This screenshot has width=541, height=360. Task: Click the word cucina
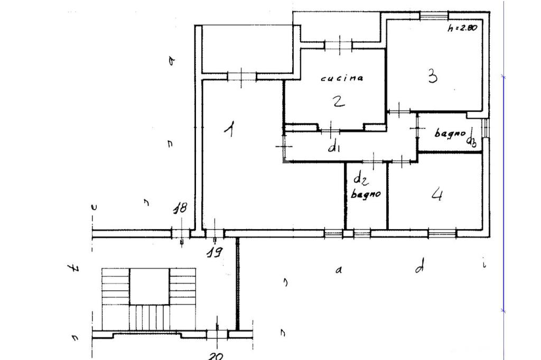(342, 78)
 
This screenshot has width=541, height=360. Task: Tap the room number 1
(229, 128)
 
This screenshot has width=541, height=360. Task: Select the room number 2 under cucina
(339, 101)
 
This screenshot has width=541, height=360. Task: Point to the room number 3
(433, 77)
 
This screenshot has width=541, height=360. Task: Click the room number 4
(437, 195)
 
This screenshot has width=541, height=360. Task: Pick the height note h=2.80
(462, 28)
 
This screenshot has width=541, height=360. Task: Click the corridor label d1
(334, 147)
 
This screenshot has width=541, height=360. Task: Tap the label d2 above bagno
(360, 178)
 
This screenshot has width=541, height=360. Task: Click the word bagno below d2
(366, 194)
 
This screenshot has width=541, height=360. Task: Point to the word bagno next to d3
(450, 133)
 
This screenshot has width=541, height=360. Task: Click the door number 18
(180, 209)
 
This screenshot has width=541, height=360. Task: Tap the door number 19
(213, 251)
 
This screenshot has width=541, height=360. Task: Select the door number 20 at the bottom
(215, 356)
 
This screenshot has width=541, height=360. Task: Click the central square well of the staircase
(150, 286)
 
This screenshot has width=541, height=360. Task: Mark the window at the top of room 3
(434, 15)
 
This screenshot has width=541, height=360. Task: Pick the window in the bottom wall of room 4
(442, 233)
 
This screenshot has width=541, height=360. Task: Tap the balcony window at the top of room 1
(241, 77)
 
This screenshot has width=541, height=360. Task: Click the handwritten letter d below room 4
(419, 267)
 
